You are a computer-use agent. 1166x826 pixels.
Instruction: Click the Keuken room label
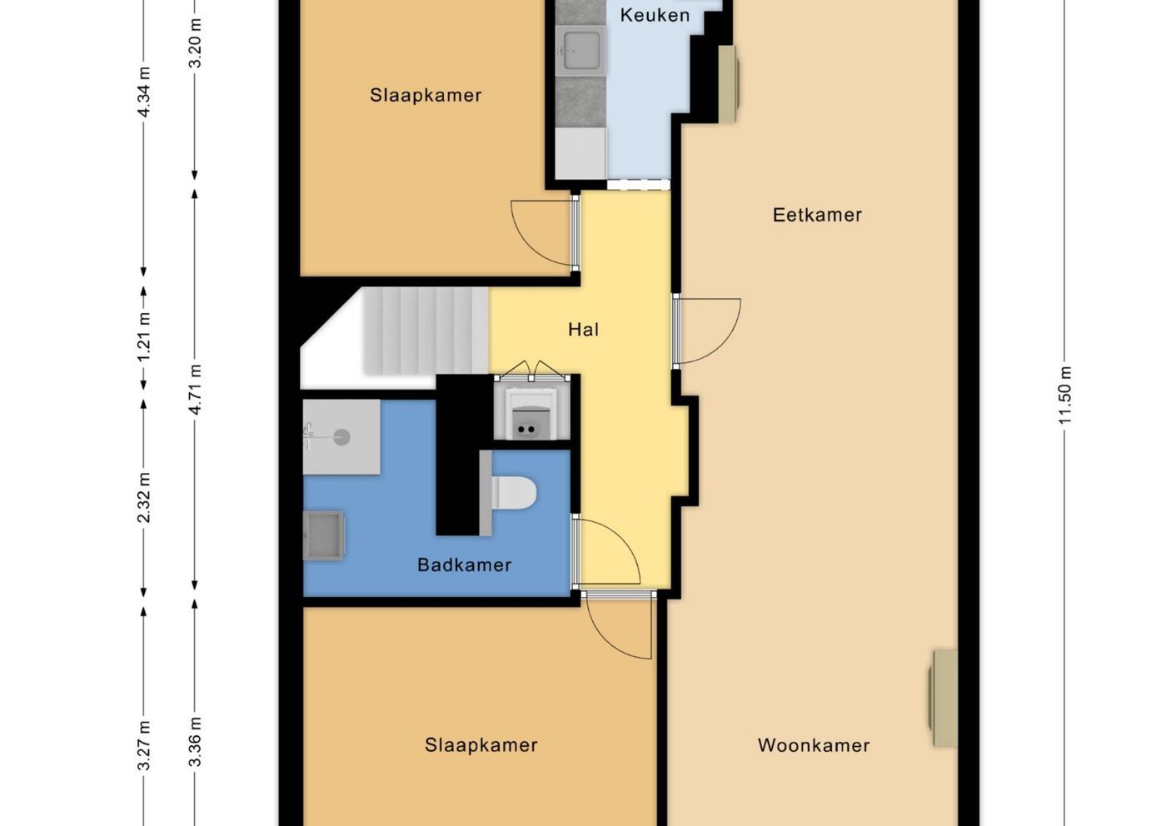(655, 15)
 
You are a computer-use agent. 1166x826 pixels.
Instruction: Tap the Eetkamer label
(817, 215)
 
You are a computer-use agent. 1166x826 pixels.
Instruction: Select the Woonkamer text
(814, 745)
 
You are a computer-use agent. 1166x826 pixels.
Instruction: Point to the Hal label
(584, 330)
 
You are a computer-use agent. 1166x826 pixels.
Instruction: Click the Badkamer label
(465, 565)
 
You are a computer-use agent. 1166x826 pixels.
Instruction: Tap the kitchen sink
(580, 51)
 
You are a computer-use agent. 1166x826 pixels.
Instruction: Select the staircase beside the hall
(426, 331)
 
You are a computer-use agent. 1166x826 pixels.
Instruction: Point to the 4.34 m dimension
(144, 92)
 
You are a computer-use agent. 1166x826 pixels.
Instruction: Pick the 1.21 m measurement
(144, 336)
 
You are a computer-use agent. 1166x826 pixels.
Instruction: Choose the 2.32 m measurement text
(144, 498)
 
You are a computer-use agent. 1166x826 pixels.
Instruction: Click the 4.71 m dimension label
(195, 390)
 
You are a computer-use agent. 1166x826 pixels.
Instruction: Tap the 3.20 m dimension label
(195, 43)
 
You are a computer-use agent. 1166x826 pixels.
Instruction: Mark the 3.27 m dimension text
(144, 745)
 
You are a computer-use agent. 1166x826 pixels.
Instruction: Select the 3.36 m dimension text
(195, 742)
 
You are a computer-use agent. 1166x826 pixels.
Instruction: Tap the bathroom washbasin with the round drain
(341, 437)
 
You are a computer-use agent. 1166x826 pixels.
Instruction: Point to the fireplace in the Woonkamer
(943, 698)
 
